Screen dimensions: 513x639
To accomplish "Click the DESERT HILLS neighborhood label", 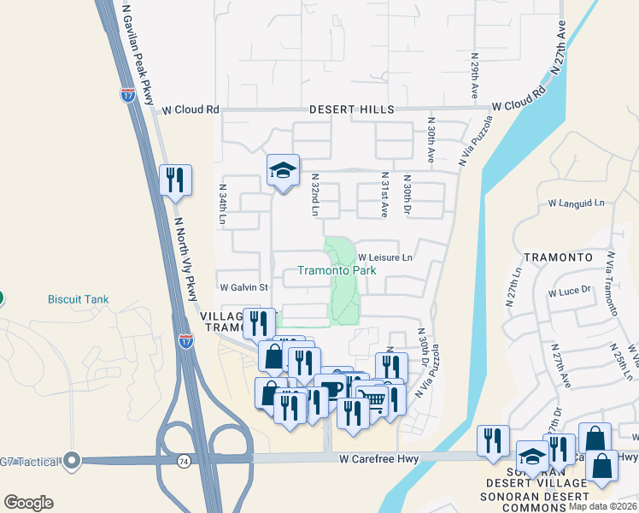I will coord(351,109).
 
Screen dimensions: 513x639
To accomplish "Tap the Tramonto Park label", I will coord(337,270).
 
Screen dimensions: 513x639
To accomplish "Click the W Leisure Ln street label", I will coord(384,256).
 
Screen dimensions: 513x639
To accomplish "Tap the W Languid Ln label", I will coord(576,203).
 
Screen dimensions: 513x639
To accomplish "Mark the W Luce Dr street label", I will coord(570,291).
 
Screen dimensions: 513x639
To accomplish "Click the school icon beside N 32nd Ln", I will coord(283,170).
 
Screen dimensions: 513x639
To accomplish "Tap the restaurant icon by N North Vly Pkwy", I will coord(175,180).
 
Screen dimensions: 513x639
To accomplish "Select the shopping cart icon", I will coord(370,398).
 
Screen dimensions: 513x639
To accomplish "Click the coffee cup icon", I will coord(331,388).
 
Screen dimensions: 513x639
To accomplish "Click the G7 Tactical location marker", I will coord(72,461).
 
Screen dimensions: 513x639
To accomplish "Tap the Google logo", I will coord(28,502).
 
